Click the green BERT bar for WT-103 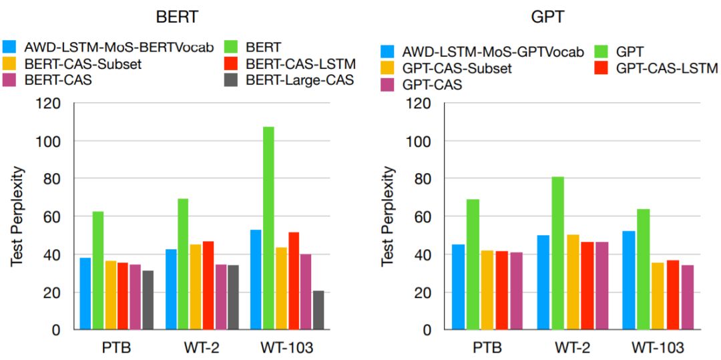tap(268, 228)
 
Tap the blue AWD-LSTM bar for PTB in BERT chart tap(85, 293)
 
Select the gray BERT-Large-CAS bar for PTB tap(148, 300)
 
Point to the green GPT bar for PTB tap(471, 264)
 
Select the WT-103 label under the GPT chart tap(657, 348)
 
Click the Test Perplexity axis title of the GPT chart tap(388, 216)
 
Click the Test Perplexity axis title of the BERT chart tap(17, 216)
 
